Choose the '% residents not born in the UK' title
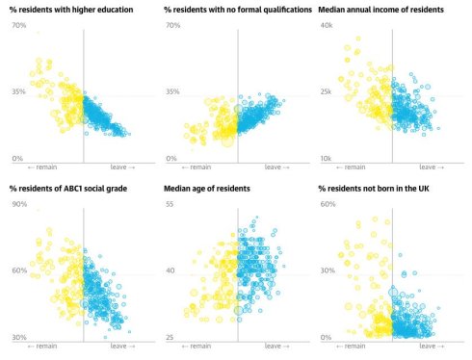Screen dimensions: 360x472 pos(376,189)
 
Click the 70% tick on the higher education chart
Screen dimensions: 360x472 pos(18,25)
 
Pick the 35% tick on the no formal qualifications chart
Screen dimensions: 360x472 pos(172,91)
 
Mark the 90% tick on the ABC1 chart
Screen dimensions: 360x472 pos(18,205)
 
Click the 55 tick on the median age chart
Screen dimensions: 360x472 pos(170,205)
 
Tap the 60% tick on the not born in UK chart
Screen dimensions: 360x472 pos(327,205)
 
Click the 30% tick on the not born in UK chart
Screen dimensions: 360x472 pos(327,271)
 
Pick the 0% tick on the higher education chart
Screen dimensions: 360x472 pos(16,158)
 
